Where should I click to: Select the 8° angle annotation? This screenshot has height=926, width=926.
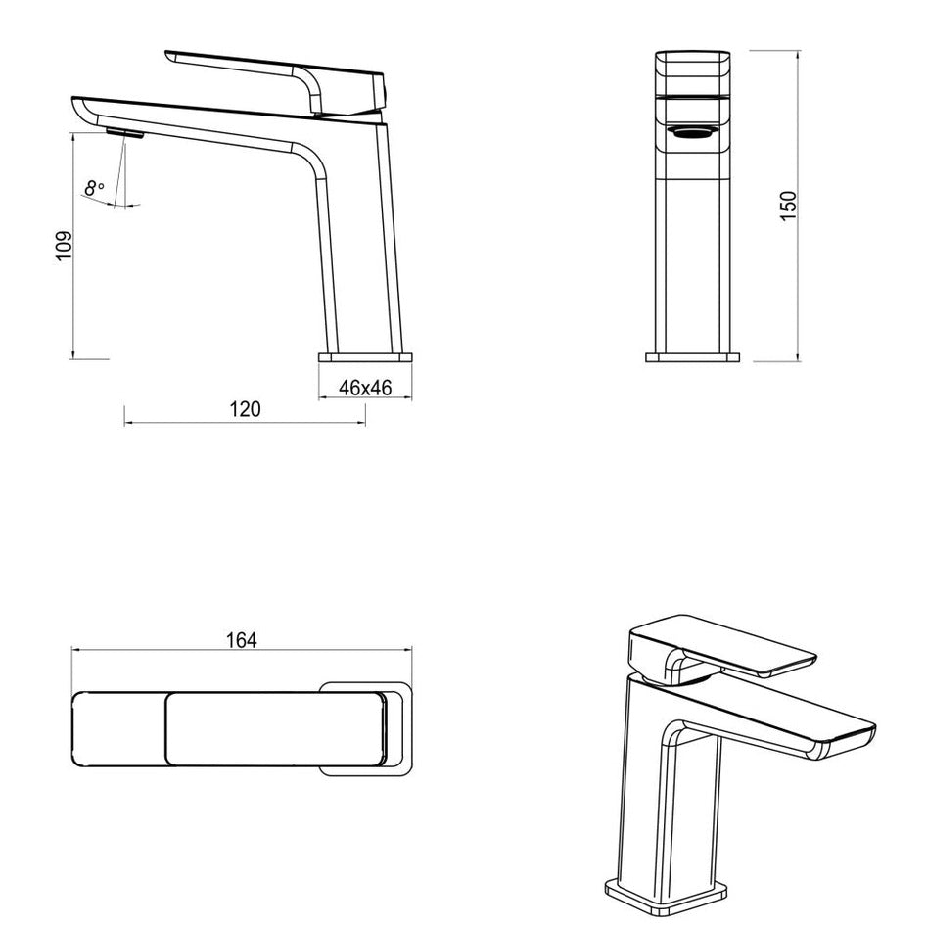[94, 188]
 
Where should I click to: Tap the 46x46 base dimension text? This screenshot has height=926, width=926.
[365, 388]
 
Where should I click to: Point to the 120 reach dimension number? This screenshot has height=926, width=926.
[245, 409]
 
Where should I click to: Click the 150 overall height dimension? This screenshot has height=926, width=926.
[788, 205]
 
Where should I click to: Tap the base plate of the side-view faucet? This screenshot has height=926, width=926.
[366, 357]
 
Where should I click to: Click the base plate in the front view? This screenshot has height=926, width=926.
[693, 357]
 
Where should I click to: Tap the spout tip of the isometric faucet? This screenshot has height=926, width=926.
[847, 736]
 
